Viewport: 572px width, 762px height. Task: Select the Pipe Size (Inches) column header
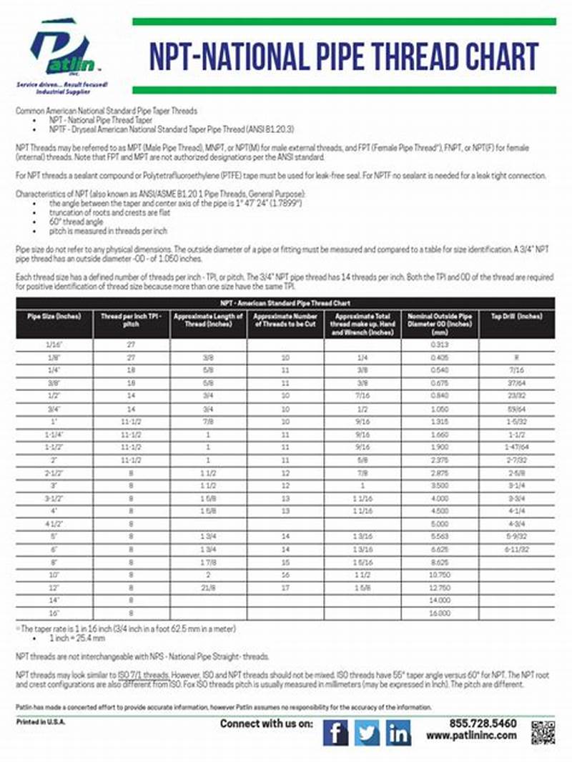[x=54, y=315]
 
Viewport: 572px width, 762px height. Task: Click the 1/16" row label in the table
[x=54, y=344]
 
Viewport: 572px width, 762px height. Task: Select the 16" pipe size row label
[x=54, y=613]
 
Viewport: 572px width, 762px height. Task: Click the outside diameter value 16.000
[x=439, y=613]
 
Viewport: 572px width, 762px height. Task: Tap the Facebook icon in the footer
[x=336, y=733]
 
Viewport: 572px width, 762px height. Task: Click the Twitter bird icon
[x=368, y=733]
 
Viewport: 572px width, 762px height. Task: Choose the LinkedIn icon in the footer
[x=399, y=733]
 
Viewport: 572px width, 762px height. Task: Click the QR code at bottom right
[x=543, y=733]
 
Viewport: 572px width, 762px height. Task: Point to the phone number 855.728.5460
[x=483, y=723]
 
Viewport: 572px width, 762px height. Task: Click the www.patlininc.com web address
[x=472, y=736]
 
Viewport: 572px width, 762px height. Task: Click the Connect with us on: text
[x=266, y=724]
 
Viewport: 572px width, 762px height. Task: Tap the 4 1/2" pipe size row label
[x=54, y=523]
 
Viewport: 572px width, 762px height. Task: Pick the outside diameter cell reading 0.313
[x=439, y=344]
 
